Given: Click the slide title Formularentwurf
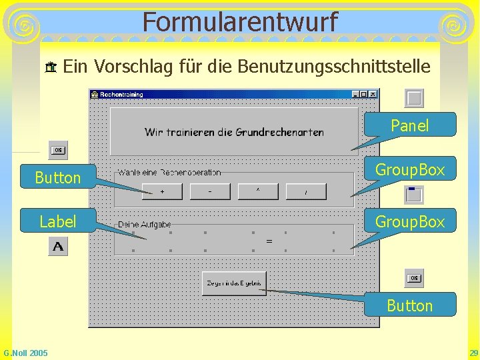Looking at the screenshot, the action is (x=239, y=22).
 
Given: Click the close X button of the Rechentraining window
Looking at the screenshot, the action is (x=373, y=95).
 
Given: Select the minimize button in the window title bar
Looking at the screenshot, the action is (x=355, y=95).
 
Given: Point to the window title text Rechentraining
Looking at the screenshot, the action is (x=121, y=95).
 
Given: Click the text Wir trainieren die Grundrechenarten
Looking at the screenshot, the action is (x=234, y=132).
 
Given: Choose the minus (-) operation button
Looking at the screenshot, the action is (x=210, y=192).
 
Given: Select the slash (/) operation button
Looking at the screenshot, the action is (x=306, y=192).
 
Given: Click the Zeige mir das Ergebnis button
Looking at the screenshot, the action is (x=234, y=283).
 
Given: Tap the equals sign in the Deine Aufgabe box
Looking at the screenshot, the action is (x=269, y=241).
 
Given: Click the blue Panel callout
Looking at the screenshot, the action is (x=410, y=125).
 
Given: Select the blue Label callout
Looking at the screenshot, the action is (x=58, y=221).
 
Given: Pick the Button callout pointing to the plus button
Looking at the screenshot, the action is (x=58, y=177).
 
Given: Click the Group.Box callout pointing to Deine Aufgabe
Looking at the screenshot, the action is (x=410, y=221).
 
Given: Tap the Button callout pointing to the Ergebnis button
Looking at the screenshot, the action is (x=410, y=305).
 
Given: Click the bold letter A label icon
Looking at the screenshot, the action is (x=58, y=247).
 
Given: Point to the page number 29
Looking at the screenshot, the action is (x=473, y=353).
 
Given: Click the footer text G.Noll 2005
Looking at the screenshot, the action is (x=25, y=353).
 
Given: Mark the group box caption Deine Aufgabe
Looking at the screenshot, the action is (x=145, y=225).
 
